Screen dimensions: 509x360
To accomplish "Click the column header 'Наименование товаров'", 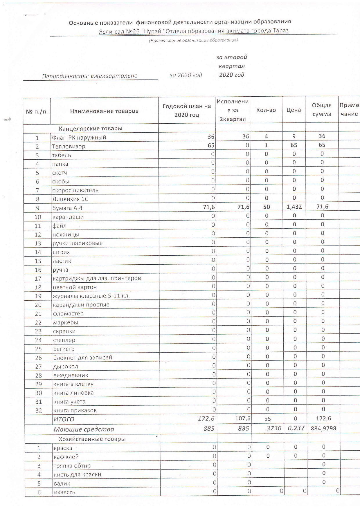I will (104, 111).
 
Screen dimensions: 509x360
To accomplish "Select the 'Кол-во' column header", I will (266, 110).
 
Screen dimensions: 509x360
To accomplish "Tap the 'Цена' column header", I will (294, 110).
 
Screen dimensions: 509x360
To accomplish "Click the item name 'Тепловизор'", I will (69, 146).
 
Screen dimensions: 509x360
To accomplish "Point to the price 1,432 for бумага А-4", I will (294, 207).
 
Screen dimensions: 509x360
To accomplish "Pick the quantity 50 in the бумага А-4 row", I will (267, 207).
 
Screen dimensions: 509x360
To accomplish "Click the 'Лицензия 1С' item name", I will (70, 199).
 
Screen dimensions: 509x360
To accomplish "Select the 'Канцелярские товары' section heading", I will (91, 128).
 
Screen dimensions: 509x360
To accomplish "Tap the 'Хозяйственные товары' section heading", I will (92, 439).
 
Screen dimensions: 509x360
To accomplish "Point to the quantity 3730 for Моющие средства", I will (274, 428).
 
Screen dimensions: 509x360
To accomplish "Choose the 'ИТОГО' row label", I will (64, 419).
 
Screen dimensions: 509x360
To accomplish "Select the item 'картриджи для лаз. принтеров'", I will (97, 278).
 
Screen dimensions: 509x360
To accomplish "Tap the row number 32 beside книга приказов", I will (38, 410).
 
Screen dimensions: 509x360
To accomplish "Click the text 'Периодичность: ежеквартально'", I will (90, 76).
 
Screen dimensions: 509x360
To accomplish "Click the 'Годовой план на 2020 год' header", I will (187, 111).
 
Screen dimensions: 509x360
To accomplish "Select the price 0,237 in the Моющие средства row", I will (295, 428).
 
